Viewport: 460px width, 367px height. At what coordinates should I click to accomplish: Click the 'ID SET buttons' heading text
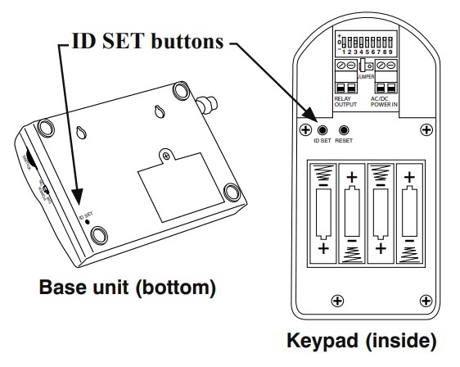click(146, 41)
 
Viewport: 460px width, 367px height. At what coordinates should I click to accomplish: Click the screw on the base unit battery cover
click(166, 156)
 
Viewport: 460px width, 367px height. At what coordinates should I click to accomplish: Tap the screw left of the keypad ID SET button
click(304, 130)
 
